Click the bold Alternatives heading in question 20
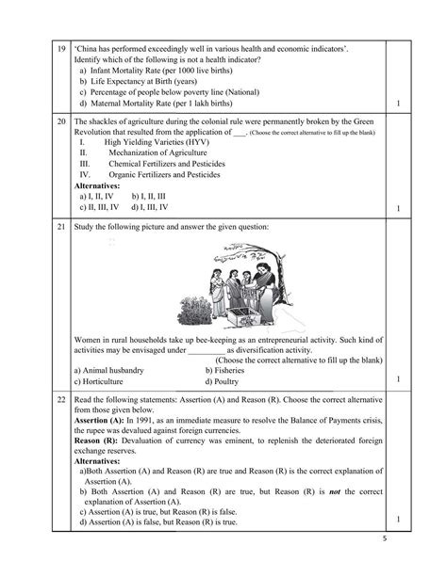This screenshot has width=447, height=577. (x=97, y=186)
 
